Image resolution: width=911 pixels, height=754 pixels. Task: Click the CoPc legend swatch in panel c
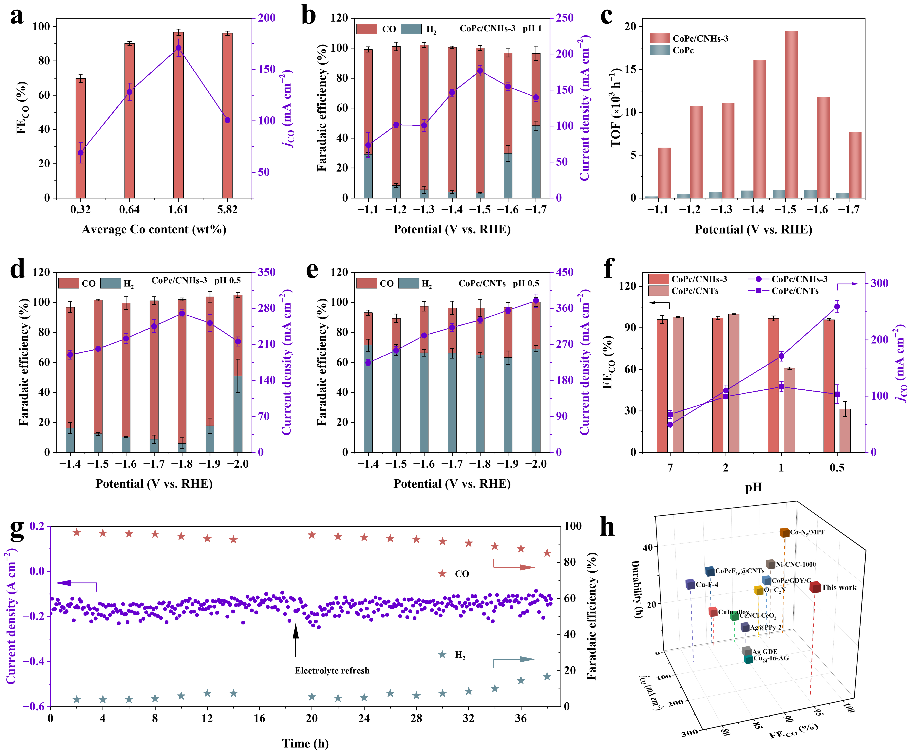[659, 50]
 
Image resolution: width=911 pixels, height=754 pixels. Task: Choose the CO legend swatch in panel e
[367, 283]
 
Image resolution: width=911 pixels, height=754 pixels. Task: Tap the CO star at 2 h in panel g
[77, 532]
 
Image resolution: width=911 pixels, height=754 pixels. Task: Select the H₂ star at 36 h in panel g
[521, 681]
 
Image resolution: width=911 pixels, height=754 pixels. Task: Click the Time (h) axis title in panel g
[305, 744]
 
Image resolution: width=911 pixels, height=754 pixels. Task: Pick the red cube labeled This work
[815, 587]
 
